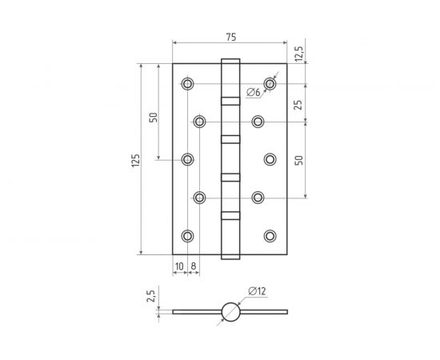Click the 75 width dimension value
coord(230,37)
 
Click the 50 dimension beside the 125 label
coord(153,118)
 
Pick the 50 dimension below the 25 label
coord(300,160)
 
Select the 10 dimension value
coord(179,266)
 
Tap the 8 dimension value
coord(194,266)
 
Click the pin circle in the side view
coord(230,311)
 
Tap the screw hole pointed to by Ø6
coord(270,83)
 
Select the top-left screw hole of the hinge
coord(187,83)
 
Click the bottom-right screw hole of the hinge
coord(270,235)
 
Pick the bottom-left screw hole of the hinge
coord(187,235)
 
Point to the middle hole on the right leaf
coord(270,160)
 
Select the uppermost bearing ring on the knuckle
coord(230,102)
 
